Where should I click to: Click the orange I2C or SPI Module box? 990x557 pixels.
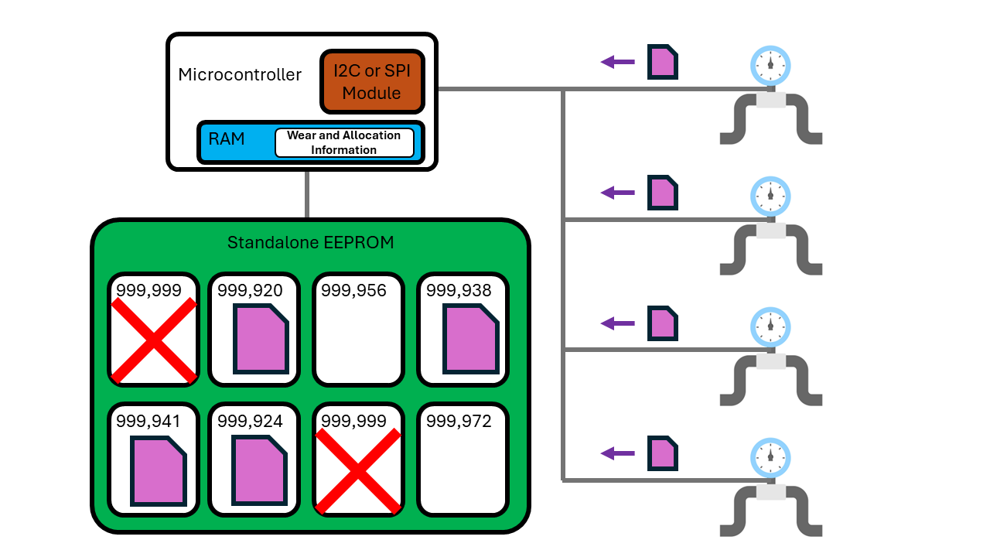coord(371,82)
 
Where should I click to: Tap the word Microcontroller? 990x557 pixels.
coord(240,75)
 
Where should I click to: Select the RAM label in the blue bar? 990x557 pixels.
coord(227,139)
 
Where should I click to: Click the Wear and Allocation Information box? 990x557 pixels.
coord(344,142)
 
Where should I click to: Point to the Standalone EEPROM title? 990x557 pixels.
coord(310,243)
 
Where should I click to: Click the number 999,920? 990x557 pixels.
coord(250,291)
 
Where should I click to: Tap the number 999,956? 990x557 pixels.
coord(353,291)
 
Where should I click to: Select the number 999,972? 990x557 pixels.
coord(459,422)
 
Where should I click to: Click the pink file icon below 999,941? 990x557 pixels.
coord(159,471)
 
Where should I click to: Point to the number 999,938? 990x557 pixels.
coord(459,291)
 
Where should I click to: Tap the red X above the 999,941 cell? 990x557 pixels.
coord(154,340)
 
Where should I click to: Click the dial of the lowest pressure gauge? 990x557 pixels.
coord(770,457)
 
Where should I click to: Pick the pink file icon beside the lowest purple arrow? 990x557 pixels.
coord(663,453)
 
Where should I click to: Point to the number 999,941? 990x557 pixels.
coord(148,422)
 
